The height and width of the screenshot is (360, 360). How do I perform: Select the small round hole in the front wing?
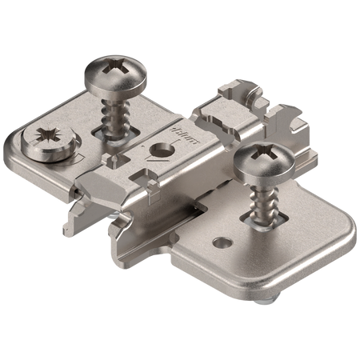tap(218, 239)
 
